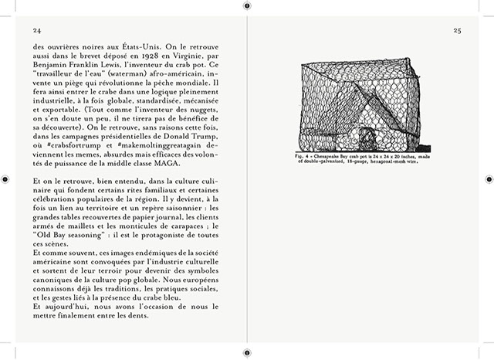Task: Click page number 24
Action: (36, 30)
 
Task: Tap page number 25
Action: (457, 30)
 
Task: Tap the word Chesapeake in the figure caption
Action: (330, 155)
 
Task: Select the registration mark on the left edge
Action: (5, 179)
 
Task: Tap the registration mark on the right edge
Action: (488, 179)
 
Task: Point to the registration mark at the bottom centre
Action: (246, 354)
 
